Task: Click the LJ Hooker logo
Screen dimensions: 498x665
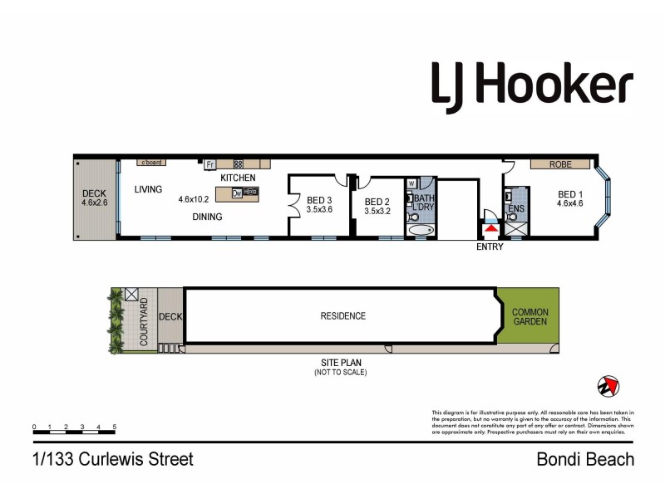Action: (532, 85)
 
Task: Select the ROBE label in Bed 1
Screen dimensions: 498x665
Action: (560, 165)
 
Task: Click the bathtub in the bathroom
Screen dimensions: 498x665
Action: (421, 229)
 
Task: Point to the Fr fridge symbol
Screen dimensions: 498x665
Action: (210, 164)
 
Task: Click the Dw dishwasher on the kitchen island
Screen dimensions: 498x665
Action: (237, 193)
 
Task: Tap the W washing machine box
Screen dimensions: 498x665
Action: (411, 183)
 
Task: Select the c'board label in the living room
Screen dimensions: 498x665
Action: (150, 163)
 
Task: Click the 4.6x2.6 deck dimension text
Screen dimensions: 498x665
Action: (95, 202)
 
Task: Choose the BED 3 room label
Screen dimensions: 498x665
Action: (319, 201)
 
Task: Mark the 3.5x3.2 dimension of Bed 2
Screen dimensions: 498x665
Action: (377, 211)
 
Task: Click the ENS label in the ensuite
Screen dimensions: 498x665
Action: (515, 208)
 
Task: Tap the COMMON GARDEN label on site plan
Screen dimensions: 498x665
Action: (530, 316)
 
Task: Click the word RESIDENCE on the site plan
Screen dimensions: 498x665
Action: (343, 316)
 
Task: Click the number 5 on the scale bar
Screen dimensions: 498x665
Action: (114, 427)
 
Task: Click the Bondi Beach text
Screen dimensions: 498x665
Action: (585, 459)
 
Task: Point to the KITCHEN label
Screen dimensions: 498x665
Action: (238, 178)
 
